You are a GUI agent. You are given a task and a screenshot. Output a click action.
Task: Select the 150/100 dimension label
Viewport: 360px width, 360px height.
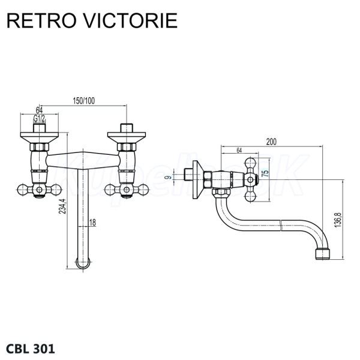coord(83,100)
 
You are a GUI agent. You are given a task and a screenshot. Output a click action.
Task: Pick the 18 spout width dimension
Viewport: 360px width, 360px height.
coord(92,223)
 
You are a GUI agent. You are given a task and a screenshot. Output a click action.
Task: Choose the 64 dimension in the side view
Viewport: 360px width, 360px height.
coord(239,150)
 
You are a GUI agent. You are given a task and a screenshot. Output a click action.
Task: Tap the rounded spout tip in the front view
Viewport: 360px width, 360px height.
coord(83,262)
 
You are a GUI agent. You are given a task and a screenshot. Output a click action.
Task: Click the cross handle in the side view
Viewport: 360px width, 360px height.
coord(251,176)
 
